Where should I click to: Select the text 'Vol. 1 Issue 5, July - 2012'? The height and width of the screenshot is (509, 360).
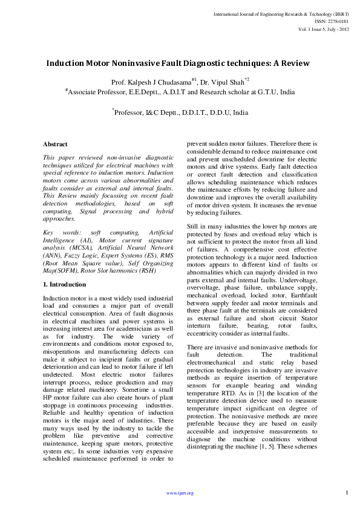tap(324, 28)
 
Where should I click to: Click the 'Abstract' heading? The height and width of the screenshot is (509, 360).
tap(55, 144)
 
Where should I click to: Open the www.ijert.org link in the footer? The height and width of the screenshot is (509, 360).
tap(180, 493)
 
